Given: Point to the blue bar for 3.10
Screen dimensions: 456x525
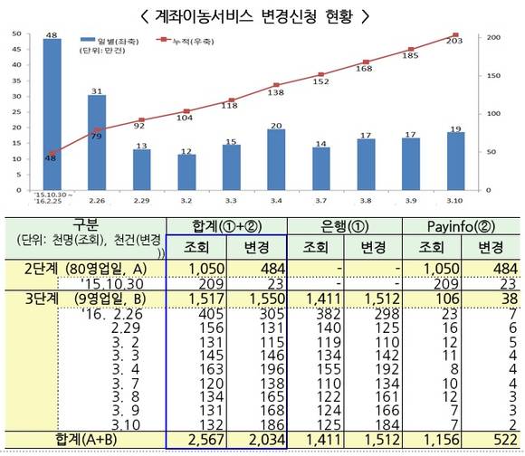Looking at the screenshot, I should pyautogui.click(x=455, y=161).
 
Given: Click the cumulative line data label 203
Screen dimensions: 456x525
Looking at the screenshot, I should pyautogui.click(x=454, y=42).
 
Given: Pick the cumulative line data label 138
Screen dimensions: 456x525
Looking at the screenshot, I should pyautogui.click(x=277, y=92).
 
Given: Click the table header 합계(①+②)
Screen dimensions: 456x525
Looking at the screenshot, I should pyautogui.click(x=226, y=226).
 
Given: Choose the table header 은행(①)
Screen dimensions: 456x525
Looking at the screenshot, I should pyautogui.click(x=346, y=226).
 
